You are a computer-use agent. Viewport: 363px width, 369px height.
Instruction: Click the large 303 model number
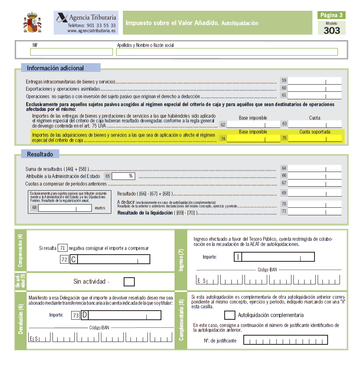click(332, 31)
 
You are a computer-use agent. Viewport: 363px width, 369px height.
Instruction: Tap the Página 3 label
click(332, 15)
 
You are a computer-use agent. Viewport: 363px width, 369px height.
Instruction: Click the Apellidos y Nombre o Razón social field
click(227, 52)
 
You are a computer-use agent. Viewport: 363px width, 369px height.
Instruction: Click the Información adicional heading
click(55, 68)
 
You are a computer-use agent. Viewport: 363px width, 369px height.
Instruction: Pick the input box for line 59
click(314, 81)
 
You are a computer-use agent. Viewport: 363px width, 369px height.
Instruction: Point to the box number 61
click(284, 95)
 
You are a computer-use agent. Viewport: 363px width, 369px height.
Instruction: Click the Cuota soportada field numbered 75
click(314, 138)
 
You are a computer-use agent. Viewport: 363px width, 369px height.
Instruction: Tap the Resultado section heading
click(40, 154)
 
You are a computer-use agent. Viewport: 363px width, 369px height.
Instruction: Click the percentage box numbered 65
click(124, 176)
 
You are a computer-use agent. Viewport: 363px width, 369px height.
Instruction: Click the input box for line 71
click(314, 211)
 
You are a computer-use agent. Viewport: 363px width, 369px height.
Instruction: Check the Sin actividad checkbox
click(129, 282)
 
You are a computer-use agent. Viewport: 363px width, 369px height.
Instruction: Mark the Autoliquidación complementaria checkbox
click(229, 315)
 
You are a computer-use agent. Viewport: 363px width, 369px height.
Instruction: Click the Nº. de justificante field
click(285, 340)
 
